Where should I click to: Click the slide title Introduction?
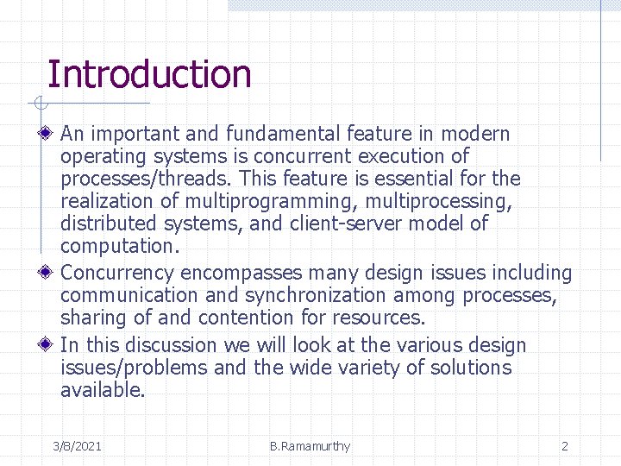tap(148, 74)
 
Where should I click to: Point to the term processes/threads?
tap(146, 179)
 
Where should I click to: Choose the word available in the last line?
tap(102, 390)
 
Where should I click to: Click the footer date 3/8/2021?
tap(77, 446)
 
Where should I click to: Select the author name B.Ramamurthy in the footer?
tap(310, 446)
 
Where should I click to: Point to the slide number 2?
tap(564, 446)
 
